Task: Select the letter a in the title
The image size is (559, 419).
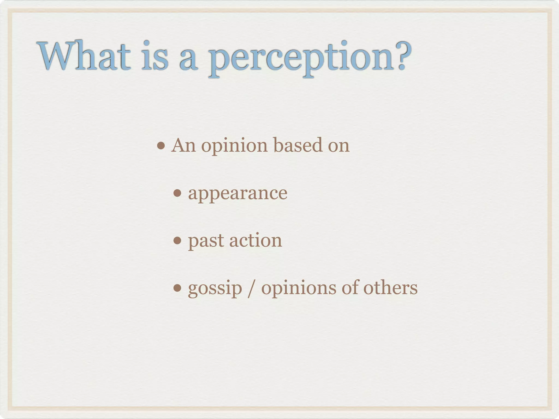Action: tap(188, 59)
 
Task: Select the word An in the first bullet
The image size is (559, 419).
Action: tap(183, 145)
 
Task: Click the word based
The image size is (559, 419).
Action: tap(298, 145)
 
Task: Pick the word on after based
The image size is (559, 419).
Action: tap(338, 146)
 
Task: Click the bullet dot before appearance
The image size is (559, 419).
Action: tap(177, 193)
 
